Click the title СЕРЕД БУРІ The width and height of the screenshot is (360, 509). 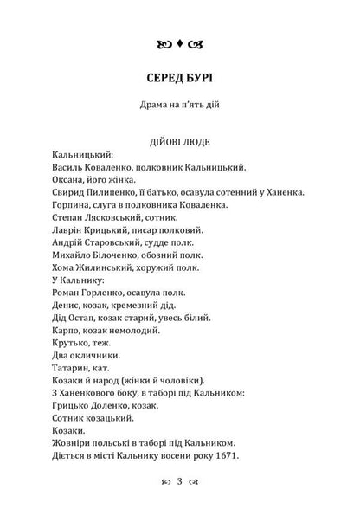[x=180, y=76]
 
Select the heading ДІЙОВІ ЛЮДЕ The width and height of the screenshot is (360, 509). [x=180, y=139]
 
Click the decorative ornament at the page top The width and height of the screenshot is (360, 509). [x=180, y=41]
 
